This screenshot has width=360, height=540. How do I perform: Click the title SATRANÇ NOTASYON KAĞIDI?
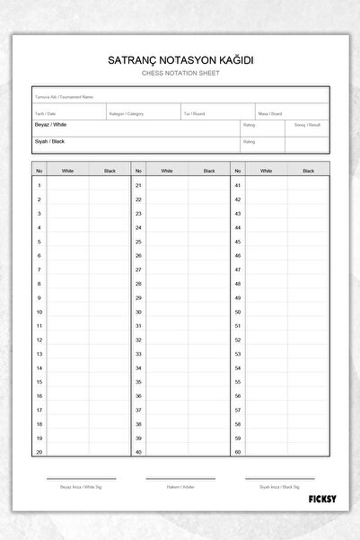(180, 60)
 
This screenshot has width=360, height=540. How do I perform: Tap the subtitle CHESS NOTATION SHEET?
(180, 73)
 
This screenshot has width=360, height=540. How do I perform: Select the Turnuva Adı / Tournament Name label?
(64, 96)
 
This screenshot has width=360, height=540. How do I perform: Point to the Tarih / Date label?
(45, 114)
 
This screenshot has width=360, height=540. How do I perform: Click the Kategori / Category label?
(126, 114)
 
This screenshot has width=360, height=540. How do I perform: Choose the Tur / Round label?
(194, 114)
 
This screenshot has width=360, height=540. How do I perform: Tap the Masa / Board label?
(270, 114)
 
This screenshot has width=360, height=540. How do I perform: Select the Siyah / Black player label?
(50, 141)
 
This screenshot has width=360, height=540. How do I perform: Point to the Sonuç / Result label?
(307, 125)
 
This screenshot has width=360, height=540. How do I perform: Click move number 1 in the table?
(40, 185)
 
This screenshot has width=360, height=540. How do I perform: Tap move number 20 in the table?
(40, 452)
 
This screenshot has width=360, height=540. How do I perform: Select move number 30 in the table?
(138, 312)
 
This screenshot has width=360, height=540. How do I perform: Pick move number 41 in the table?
(238, 185)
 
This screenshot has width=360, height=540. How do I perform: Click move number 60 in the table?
(238, 452)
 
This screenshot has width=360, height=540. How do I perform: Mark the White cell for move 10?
(68, 312)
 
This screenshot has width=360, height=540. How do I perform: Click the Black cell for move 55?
(308, 382)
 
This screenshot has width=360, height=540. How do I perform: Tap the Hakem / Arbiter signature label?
(180, 486)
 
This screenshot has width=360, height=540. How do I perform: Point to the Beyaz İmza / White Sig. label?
(82, 486)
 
